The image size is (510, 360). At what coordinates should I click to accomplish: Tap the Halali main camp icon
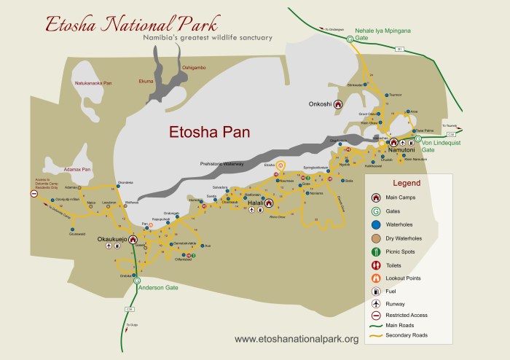pyautogui.click(x=268, y=204)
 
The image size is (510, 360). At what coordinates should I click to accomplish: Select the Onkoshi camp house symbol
pyautogui.click(x=338, y=104)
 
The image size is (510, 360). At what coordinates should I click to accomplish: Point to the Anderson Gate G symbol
pyautogui.click(x=137, y=281)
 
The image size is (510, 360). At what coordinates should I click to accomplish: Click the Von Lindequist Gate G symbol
pyautogui.click(x=417, y=138)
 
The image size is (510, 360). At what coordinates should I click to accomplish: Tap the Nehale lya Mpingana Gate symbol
pyautogui.click(x=349, y=39)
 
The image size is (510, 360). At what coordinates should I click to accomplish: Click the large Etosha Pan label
pyautogui.click(x=209, y=133)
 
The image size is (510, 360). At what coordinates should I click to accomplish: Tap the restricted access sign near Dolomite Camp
pyautogui.click(x=34, y=194)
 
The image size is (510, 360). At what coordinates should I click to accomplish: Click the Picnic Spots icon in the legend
pyautogui.click(x=375, y=252)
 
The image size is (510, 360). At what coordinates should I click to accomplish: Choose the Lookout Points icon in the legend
pyautogui.click(x=375, y=278)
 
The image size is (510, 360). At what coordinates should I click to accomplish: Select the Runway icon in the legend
pyautogui.click(x=375, y=303)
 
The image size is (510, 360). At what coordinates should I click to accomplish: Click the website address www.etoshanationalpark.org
pyautogui.click(x=297, y=339)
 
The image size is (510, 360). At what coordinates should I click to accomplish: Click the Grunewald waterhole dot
pyautogui.click(x=71, y=229)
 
